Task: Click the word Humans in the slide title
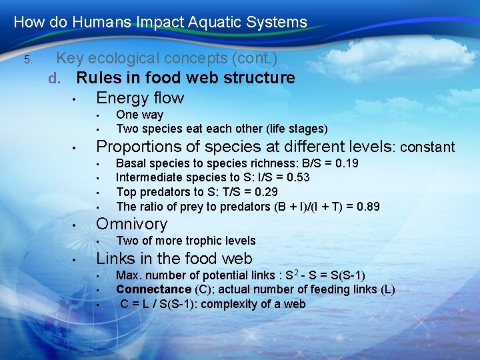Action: coord(99,22)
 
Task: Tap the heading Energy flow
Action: coord(140,98)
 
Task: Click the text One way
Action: coord(139,115)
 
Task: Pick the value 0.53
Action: coord(296,177)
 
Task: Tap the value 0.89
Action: coord(368,207)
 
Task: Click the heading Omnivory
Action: coord(132,224)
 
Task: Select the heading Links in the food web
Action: coord(175,259)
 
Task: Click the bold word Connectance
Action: coord(153,289)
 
